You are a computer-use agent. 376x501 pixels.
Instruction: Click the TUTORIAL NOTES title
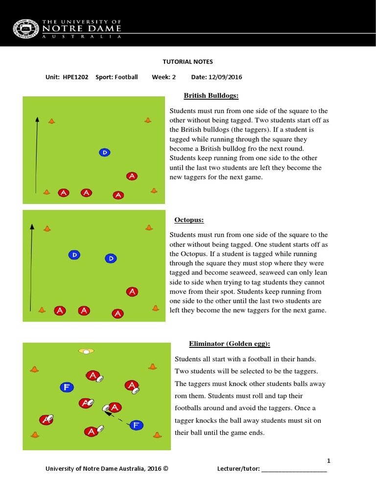click(188, 62)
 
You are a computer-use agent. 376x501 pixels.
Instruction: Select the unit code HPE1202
click(75, 77)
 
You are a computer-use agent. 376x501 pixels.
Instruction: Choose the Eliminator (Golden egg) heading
click(229, 344)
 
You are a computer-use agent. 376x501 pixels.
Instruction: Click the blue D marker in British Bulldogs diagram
click(105, 153)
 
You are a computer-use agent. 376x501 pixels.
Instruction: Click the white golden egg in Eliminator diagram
click(86, 351)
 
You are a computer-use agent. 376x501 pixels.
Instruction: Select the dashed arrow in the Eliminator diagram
click(117, 416)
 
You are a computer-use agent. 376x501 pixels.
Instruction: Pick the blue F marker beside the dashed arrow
click(137, 425)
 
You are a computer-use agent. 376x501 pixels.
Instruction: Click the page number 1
click(329, 461)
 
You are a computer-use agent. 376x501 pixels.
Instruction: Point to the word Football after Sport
click(126, 77)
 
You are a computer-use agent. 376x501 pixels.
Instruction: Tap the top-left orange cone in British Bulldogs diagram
click(51, 121)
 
